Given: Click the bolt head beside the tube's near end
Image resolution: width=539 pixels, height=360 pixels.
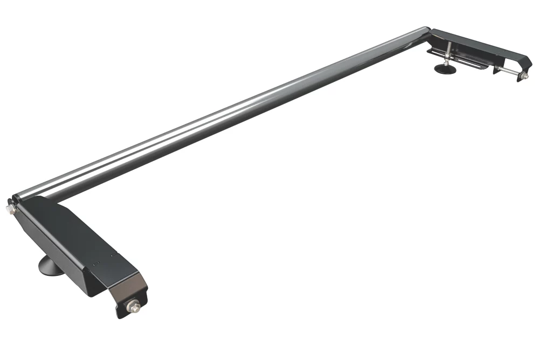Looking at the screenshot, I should coord(10,208).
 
